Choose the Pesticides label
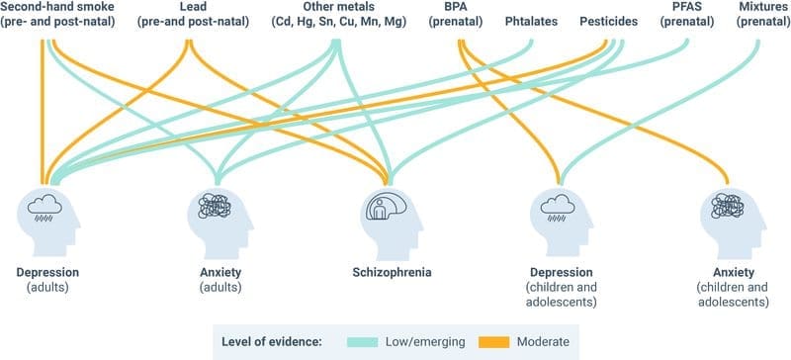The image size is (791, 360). pyautogui.click(x=610, y=19)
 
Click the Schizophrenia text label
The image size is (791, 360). pyautogui.click(x=393, y=272)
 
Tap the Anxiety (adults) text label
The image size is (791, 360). pyautogui.click(x=217, y=279)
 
